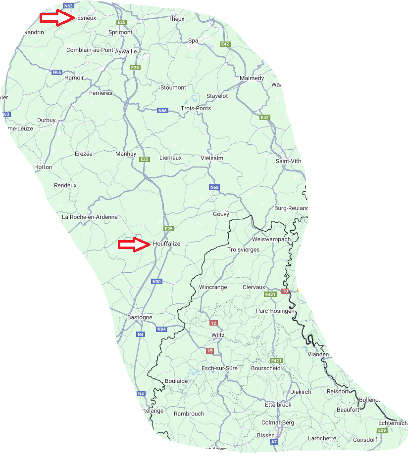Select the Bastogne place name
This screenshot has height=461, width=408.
140,317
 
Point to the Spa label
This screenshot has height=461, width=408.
193,41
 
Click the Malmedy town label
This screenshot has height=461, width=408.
252,79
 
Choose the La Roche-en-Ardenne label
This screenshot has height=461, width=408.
90,217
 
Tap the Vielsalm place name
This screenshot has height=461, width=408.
212,158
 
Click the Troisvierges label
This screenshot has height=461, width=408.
243,250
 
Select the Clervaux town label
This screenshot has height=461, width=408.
254,287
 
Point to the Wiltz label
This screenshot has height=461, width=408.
218,335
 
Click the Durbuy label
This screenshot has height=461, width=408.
47,120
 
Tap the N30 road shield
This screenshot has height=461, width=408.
156,282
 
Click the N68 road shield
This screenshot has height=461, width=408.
214,187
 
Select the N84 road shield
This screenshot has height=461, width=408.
161,329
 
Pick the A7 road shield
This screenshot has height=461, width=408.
274,442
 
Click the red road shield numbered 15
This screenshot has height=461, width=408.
210,351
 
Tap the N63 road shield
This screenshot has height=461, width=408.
69,6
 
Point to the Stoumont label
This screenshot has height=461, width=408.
173,87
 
